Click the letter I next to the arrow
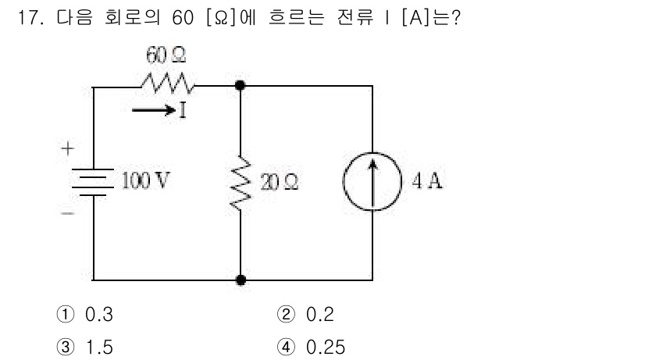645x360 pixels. click(x=183, y=110)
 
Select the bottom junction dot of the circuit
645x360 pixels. click(x=240, y=279)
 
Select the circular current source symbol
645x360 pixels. click(x=372, y=184)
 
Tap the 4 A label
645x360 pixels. click(x=426, y=182)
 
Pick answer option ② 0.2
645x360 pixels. click(x=305, y=315)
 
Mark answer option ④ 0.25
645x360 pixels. click(x=311, y=346)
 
